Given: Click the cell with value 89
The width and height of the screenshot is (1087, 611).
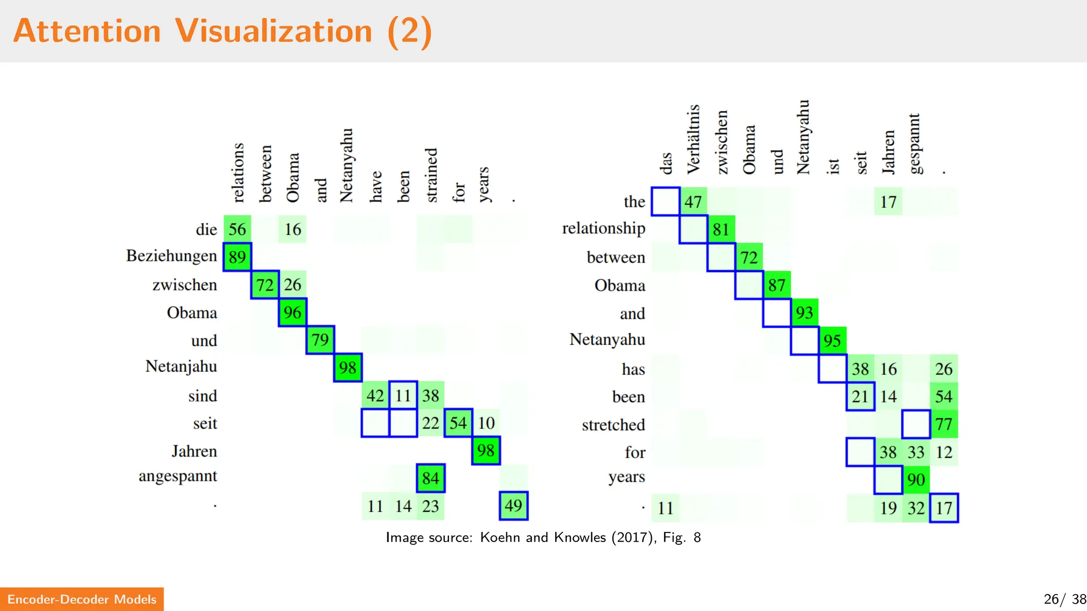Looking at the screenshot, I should pos(237,257).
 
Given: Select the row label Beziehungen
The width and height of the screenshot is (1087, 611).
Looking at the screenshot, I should pos(171,256).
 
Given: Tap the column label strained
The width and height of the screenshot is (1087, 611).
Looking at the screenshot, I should pos(431,175).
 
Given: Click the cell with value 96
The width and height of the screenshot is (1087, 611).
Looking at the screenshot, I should pos(292,312).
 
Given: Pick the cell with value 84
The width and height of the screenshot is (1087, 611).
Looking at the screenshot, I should pos(430,478).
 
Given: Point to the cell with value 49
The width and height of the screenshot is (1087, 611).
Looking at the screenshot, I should pos(513,506).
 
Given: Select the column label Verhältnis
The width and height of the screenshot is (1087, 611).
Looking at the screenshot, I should pos(693,139).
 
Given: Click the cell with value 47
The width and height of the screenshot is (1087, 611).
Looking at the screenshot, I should pos(693,202).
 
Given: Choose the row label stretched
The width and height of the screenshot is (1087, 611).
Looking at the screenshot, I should pos(613,425).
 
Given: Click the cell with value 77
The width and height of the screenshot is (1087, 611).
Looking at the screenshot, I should pos(944,424).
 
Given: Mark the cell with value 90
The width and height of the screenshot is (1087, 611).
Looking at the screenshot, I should pos(916,480).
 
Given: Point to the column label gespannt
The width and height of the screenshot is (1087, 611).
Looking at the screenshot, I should pos(915,143).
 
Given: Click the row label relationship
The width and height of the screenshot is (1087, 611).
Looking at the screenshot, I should pos(603,229).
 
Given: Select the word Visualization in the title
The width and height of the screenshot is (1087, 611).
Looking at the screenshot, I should pos(274,31).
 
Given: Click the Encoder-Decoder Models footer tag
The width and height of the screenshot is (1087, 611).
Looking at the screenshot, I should pos(82,599).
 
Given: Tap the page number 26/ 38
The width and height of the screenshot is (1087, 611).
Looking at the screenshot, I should pos(1064,599).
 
